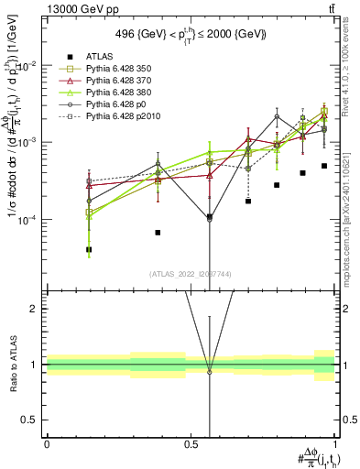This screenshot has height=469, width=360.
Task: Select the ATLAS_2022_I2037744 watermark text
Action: click(191, 273)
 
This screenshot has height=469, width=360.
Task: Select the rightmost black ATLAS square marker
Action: click(324, 166)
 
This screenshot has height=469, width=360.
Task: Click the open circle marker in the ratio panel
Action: click(209, 371)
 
